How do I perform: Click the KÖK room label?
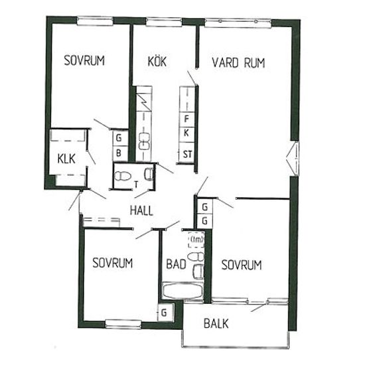[x=157, y=62]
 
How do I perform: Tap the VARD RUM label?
[x=239, y=63]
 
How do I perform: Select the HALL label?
[x=141, y=210]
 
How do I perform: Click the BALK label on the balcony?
[x=216, y=324]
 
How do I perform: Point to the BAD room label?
[x=177, y=264]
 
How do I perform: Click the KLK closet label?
[x=66, y=159]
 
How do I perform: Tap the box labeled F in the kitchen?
[x=186, y=119]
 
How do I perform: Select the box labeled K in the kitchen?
[x=186, y=133]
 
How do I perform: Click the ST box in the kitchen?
[x=186, y=154]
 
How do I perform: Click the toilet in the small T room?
[x=122, y=176]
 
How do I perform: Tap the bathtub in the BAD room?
[x=183, y=291]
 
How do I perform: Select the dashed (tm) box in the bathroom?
[x=196, y=240]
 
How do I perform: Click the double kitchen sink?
[x=144, y=142]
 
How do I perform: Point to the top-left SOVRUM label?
[x=84, y=60]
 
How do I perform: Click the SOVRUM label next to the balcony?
[x=242, y=265]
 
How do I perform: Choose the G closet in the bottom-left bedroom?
[x=165, y=313]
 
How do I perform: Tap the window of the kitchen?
[x=164, y=22]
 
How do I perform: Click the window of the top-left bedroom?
[x=95, y=21]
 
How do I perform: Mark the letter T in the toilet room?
[x=137, y=184]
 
